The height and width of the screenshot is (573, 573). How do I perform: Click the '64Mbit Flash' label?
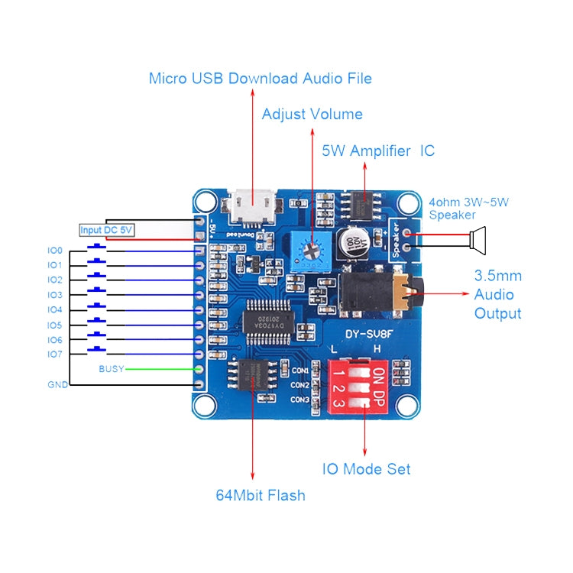click(x=260, y=495)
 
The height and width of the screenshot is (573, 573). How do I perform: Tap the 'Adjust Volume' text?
click(x=312, y=115)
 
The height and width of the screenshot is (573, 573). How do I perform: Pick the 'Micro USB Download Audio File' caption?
click(x=260, y=78)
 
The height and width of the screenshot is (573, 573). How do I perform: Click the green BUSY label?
click(x=111, y=369)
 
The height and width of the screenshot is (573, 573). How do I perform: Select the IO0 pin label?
click(x=54, y=250)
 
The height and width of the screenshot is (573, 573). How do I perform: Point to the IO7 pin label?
click(x=54, y=354)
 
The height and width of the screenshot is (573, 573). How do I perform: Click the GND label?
click(x=57, y=384)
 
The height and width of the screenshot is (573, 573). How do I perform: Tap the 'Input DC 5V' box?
click(x=106, y=230)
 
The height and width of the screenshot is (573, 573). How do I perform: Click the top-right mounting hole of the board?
click(x=409, y=202)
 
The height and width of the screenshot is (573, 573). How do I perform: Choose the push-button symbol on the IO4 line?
click(x=97, y=306)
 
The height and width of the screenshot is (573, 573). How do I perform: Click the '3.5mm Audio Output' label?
click(x=497, y=294)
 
